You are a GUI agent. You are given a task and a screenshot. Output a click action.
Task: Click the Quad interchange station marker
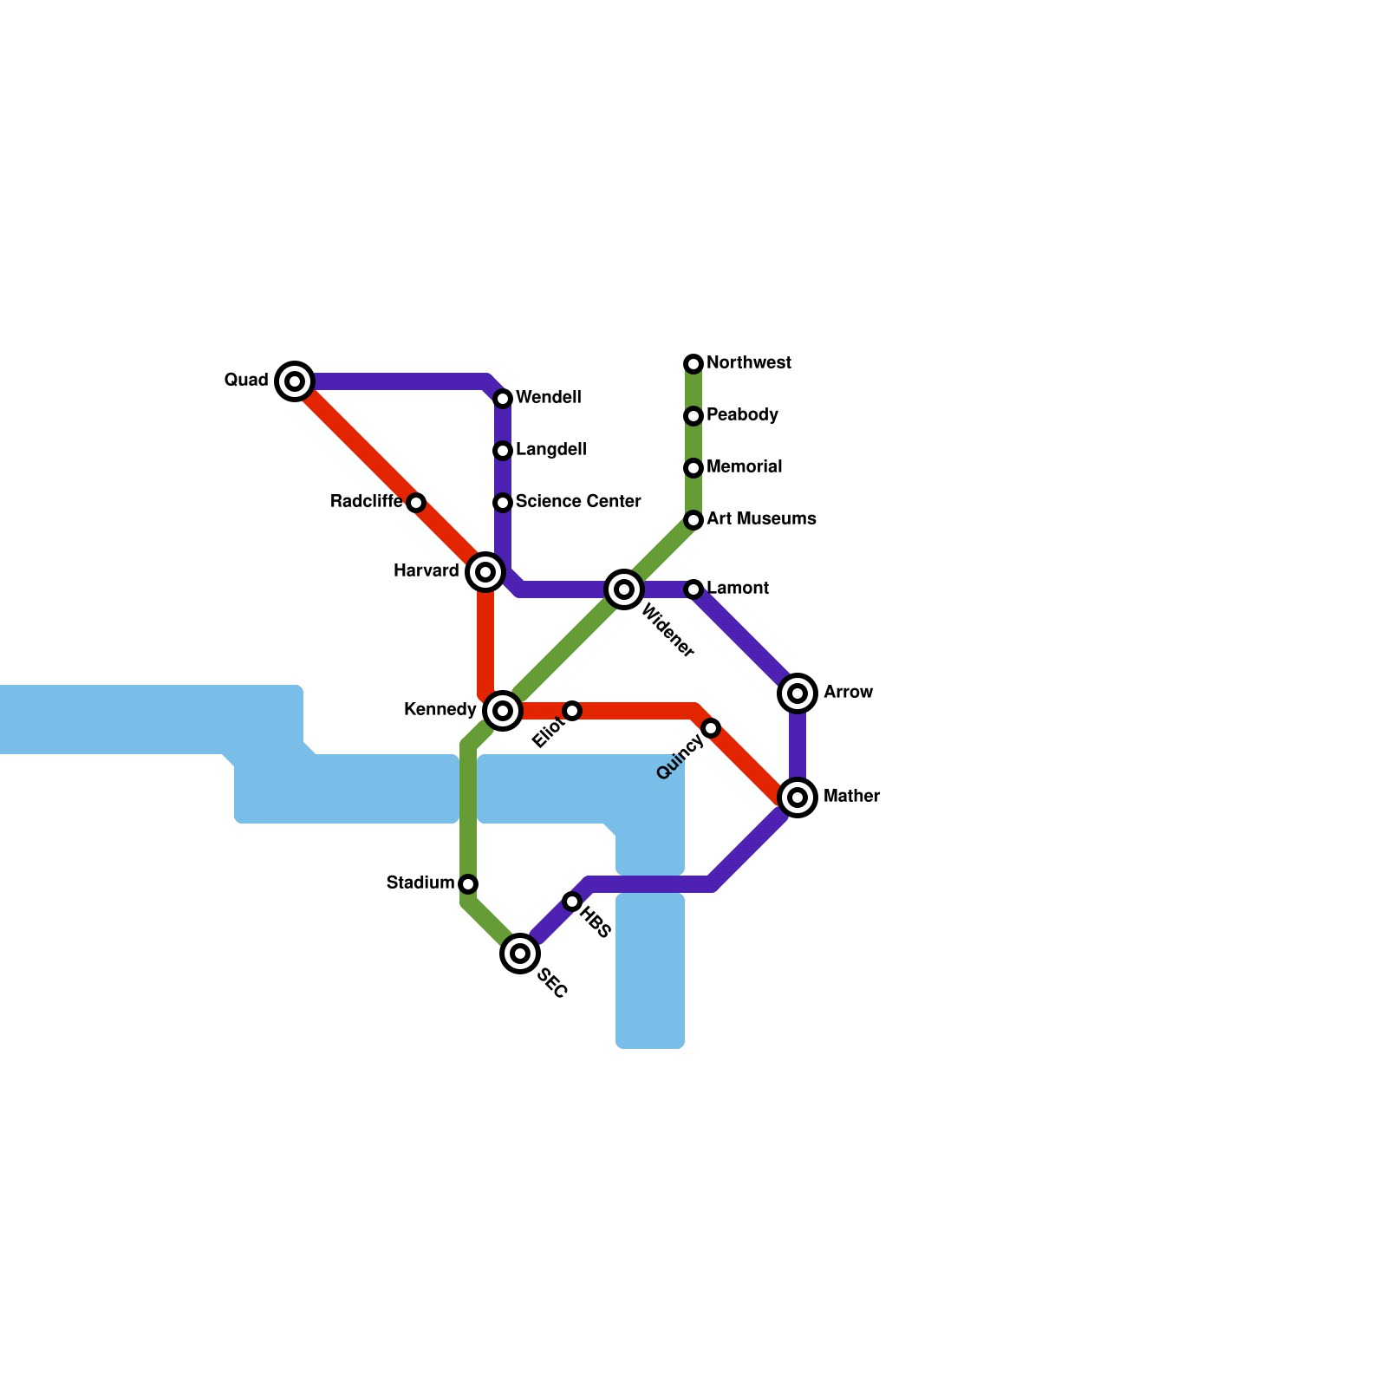click(295, 381)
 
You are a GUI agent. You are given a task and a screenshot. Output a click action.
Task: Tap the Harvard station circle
click(485, 572)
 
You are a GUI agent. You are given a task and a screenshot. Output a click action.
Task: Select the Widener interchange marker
click(623, 590)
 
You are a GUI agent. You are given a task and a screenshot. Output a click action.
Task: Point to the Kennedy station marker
click(503, 711)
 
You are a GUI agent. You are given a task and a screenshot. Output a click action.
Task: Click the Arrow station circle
click(798, 693)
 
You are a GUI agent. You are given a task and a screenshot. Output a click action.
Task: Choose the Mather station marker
click(798, 797)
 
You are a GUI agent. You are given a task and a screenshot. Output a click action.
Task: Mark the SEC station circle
click(520, 954)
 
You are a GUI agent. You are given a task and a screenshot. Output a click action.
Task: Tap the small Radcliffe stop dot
click(416, 503)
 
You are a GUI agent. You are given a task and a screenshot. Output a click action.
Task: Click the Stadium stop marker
click(468, 884)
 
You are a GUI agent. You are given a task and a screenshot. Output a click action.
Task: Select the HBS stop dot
click(572, 902)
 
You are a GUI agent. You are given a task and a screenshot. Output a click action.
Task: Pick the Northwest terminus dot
click(693, 364)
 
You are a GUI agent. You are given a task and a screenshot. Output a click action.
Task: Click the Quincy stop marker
click(711, 728)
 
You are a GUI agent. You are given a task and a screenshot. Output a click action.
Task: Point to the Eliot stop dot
click(572, 711)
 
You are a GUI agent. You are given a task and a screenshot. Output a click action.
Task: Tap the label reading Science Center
click(578, 502)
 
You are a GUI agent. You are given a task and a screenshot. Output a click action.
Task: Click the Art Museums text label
click(761, 519)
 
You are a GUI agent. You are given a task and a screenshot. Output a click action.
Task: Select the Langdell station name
click(550, 450)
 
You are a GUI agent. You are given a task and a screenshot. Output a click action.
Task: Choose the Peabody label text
click(742, 415)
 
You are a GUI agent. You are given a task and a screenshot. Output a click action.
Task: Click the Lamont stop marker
click(693, 589)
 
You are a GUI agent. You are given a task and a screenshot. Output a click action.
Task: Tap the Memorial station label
click(744, 467)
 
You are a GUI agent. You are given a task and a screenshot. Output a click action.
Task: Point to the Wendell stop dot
click(503, 399)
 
